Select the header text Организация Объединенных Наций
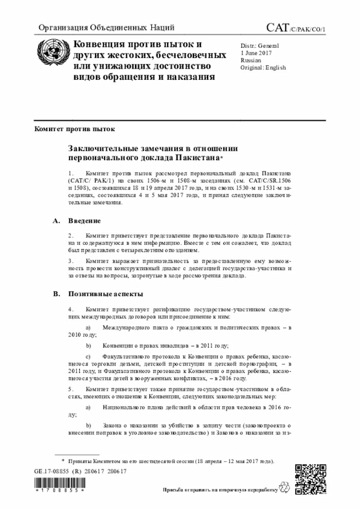pos(106,28)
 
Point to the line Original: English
pos(263,67)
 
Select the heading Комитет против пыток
pos(74,129)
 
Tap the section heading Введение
pos(85,220)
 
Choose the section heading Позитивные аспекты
pos(105,294)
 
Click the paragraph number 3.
pos(70,262)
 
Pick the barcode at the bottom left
pos(59,484)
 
